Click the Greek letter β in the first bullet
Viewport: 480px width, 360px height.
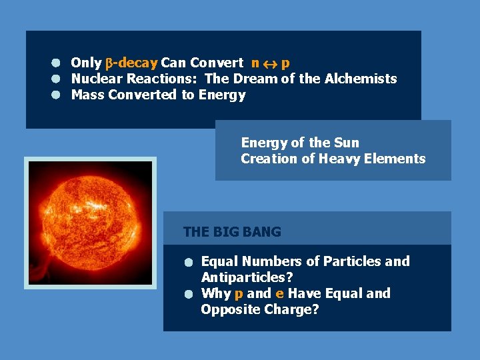pos(109,64)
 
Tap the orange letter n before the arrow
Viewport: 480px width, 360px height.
pos(255,63)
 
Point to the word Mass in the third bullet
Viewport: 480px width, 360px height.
pos(87,95)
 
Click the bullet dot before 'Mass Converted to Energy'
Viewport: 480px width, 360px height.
pos(57,95)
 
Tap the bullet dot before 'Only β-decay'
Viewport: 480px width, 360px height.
pos(57,63)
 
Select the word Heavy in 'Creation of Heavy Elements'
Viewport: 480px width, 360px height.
pos(339,159)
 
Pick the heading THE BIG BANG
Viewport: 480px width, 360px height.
pos(232,232)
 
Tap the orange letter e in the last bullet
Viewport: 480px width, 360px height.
pos(279,293)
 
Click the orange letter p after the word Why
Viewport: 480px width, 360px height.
pos(239,294)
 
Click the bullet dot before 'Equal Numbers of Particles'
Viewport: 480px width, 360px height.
pos(189,262)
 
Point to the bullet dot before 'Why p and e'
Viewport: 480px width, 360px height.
pos(189,294)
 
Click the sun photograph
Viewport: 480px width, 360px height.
pos(90,223)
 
